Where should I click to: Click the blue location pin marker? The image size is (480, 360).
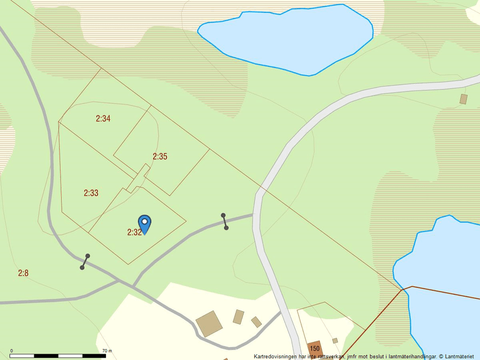tap(144, 223)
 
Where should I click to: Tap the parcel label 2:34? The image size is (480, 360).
tap(103, 119)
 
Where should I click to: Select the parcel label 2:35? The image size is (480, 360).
tap(160, 156)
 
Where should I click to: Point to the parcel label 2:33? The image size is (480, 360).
tap(91, 193)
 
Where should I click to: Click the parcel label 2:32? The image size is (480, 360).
tap(134, 232)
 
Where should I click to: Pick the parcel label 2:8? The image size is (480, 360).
tap(23, 272)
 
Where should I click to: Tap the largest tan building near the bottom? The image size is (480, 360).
tap(209, 324)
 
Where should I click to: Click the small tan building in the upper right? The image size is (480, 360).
tap(463, 99)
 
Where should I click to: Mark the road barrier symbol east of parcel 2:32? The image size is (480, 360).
tap(225, 222)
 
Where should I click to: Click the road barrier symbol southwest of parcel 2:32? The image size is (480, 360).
tap(85, 262)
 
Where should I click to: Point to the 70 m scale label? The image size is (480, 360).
tap(106, 351)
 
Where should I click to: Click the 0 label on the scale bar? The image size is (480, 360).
tap(12, 351)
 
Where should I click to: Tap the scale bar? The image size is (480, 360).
tap(58, 355)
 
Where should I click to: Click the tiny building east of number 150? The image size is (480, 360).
tap(335, 341)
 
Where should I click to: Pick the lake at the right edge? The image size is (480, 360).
tap(442, 279)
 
